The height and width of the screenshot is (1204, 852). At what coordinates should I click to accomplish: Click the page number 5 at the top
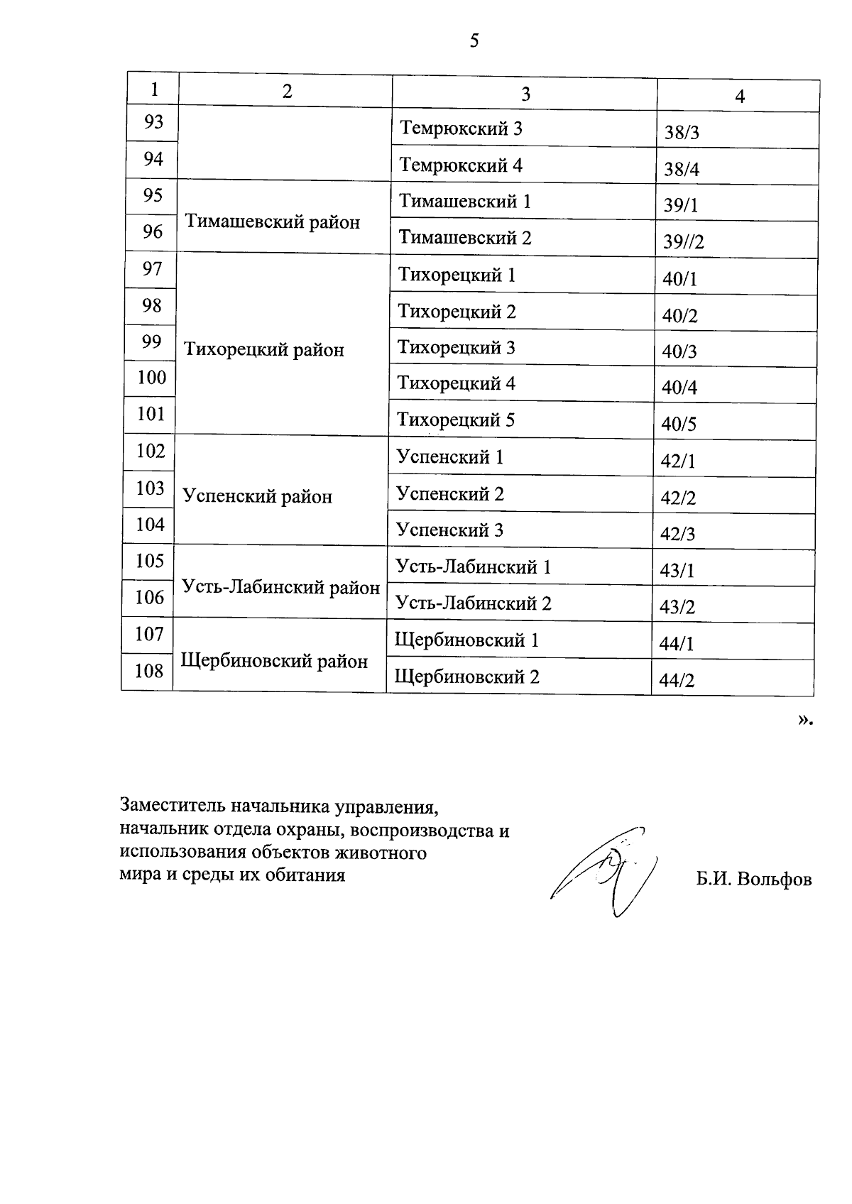[474, 41]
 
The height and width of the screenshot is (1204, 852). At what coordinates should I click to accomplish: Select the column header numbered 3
[525, 94]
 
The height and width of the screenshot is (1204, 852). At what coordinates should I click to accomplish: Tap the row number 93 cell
[153, 122]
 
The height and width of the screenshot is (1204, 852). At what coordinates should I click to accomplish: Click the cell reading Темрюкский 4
[461, 165]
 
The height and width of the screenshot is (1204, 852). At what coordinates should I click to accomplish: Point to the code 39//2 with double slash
[683, 241]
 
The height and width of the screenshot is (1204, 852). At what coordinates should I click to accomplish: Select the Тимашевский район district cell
[273, 222]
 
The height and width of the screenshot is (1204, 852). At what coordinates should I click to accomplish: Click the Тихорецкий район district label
[264, 349]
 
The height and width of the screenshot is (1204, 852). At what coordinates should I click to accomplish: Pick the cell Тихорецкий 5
[456, 420]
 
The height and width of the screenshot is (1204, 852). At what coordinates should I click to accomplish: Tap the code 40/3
[679, 351]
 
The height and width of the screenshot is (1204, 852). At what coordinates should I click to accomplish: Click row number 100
[151, 377]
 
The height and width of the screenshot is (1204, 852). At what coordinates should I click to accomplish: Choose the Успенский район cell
[258, 496]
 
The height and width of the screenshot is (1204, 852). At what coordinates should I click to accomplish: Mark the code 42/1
[677, 461]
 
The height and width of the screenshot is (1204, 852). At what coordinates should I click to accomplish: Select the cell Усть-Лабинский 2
[473, 603]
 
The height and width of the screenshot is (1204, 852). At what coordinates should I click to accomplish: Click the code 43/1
[677, 571]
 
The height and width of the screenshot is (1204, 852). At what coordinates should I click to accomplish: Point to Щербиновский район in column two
[274, 661]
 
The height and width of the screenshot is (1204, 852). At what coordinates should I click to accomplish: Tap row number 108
[149, 670]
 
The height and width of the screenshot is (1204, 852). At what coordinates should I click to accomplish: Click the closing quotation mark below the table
[803, 720]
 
